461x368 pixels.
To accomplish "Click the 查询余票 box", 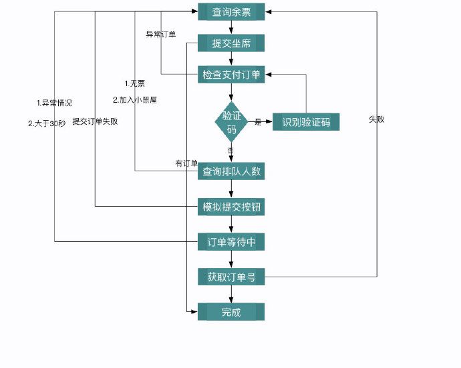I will click(231, 11).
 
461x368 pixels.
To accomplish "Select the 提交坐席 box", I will click(231, 43).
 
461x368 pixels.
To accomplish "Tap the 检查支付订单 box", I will click(231, 75).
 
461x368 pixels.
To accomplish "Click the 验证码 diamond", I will click(231, 122).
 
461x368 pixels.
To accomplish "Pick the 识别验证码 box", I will click(306, 122).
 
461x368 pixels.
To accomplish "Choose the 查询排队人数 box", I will click(231, 171).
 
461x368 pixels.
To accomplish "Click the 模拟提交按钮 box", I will click(231, 207).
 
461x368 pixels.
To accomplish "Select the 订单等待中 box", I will click(231, 242).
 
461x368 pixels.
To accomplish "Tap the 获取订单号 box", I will click(231, 277).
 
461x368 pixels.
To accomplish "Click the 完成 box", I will click(231, 312).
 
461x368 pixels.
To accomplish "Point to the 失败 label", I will click(376, 119).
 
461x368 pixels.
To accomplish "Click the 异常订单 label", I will click(161, 34).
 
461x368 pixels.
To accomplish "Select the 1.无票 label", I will click(134, 83).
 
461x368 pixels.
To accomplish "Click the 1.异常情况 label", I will click(54, 103).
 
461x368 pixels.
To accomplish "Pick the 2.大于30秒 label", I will click(47, 123).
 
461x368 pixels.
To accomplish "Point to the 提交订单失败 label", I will click(95, 121).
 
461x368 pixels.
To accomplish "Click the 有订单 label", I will click(186, 163).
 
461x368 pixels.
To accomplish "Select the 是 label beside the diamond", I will click(258, 123).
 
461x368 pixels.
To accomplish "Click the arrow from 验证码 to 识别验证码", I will click(265, 122).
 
